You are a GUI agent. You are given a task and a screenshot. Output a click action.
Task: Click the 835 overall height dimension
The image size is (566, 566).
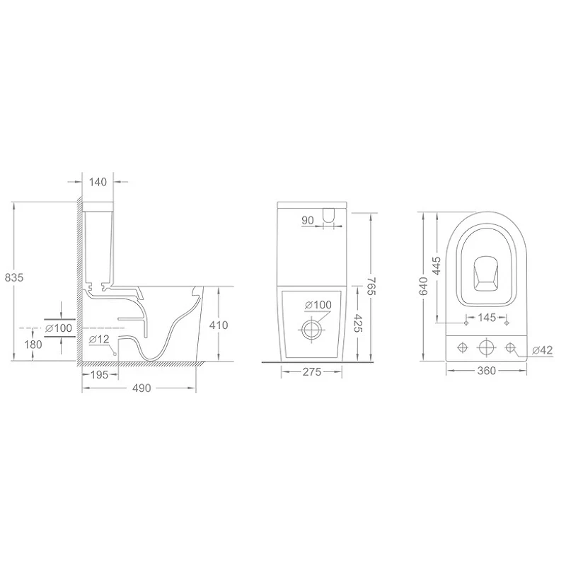tap(14, 277)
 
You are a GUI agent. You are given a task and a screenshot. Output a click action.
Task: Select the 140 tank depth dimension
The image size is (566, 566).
tap(98, 182)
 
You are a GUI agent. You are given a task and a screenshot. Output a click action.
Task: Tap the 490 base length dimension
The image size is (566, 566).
tap(141, 388)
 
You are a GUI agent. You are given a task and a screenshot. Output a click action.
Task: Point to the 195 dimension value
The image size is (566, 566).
tap(99, 375)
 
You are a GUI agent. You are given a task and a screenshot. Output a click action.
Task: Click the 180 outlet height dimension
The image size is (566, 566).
tap(33, 345)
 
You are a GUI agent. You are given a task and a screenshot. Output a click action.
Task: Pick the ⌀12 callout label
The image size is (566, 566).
tap(99, 340)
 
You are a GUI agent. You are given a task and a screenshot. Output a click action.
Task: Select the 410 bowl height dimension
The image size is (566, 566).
tap(219, 325)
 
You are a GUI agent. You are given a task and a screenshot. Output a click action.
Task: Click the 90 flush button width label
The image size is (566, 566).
tap(308, 220)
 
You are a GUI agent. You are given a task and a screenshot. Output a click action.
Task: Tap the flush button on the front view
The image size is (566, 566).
tap(328, 214)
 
